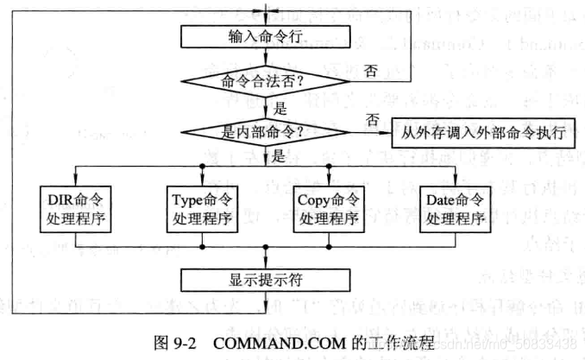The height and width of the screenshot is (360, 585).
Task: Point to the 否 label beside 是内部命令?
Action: click(373, 118)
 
